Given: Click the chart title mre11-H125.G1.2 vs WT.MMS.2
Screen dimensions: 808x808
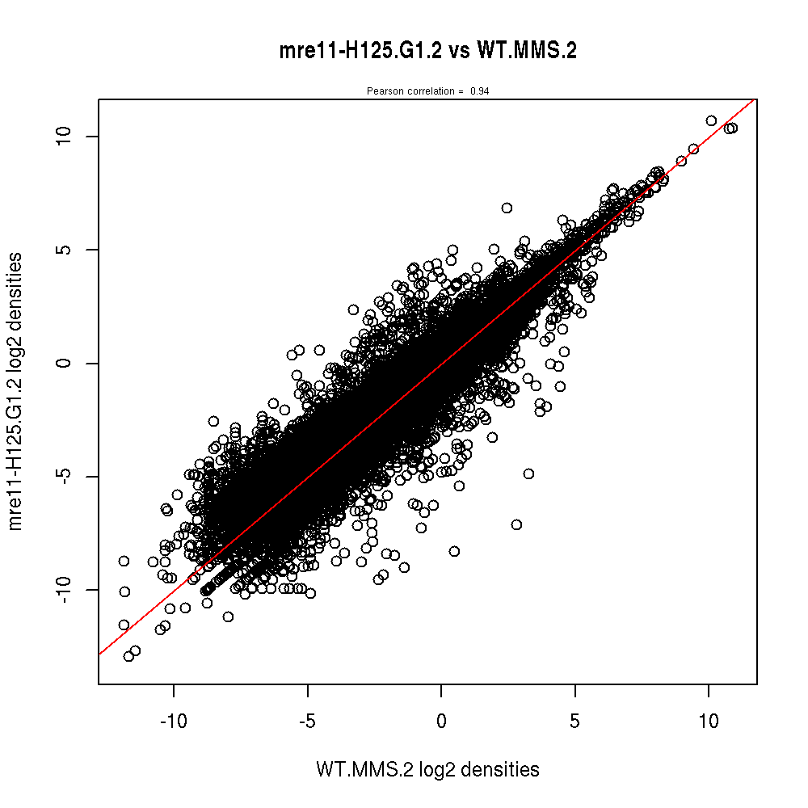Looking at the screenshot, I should point(427,51).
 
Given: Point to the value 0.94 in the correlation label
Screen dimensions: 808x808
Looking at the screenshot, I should point(479,91).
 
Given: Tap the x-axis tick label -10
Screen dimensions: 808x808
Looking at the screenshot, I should point(173,719).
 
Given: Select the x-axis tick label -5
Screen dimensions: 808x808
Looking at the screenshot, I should point(307,719).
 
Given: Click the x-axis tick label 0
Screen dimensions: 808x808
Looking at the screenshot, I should point(441,719).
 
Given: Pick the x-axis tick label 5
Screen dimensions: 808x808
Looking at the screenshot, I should point(574,719).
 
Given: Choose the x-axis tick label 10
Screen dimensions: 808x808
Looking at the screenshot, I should point(709,719).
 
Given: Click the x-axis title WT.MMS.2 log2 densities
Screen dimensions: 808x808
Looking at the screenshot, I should point(427,770).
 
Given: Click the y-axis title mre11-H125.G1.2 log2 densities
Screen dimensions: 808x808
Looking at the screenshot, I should point(15,391).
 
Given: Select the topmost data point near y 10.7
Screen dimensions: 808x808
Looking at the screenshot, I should point(711,120).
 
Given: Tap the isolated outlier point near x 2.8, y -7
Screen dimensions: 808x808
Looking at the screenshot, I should point(516,524).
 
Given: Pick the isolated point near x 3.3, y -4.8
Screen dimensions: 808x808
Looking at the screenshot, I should point(528,473).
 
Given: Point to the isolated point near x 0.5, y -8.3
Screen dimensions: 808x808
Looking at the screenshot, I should point(454,551).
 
